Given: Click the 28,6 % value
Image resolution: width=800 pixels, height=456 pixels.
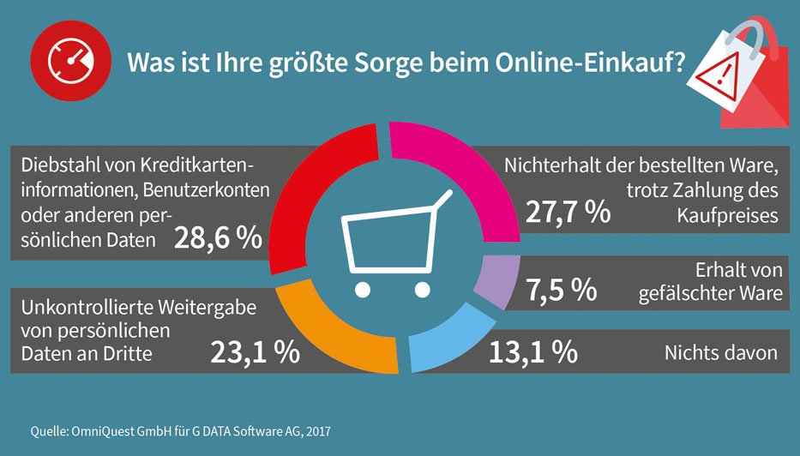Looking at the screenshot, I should tap(218, 239).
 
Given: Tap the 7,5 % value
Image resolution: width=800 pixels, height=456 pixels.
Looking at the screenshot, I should tap(562, 290).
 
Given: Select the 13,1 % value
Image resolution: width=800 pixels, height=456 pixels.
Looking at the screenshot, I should tap(532, 351).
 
